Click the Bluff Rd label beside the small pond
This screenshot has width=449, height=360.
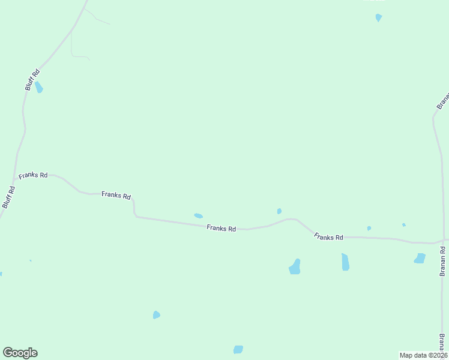point(32,80)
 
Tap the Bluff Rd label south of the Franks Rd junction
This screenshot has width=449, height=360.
point(8,197)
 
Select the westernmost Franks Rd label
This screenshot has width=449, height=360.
point(33,176)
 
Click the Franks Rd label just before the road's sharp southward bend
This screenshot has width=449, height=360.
point(116,195)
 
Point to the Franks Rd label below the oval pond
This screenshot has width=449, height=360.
point(221,228)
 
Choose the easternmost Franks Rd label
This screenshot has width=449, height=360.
point(328,238)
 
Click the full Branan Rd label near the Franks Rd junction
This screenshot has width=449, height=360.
point(443,258)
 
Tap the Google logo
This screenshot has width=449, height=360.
point(20,353)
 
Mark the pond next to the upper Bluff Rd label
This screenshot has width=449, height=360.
point(39,88)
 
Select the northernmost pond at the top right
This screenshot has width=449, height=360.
point(378,17)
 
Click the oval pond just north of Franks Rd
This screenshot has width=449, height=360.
point(198,216)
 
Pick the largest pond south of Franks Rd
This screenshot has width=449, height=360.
point(295,267)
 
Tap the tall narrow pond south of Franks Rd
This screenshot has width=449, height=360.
point(345,262)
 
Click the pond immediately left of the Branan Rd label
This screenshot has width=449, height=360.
point(420,259)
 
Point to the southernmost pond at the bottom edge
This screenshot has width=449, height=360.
point(238,349)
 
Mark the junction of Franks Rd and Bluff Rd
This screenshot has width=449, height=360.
point(14,179)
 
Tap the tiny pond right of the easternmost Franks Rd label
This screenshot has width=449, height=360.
point(369,228)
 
